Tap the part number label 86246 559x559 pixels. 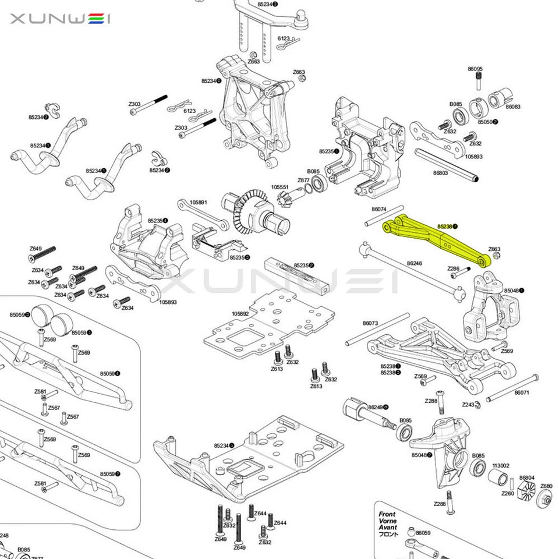tap(415, 263)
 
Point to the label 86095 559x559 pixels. tap(476, 69)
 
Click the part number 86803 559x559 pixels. tap(440, 173)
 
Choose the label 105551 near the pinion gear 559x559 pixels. tap(279, 187)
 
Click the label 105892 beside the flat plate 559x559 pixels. tap(240, 313)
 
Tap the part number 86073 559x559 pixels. tap(370, 323)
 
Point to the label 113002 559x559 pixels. tap(501, 465)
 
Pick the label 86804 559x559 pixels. tap(526, 477)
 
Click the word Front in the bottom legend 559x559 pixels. tap(387, 514)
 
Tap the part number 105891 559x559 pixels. tap(199, 202)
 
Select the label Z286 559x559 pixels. tap(454, 268)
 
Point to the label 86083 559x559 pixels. tap(512, 107)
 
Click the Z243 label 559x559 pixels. tap(468, 404)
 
